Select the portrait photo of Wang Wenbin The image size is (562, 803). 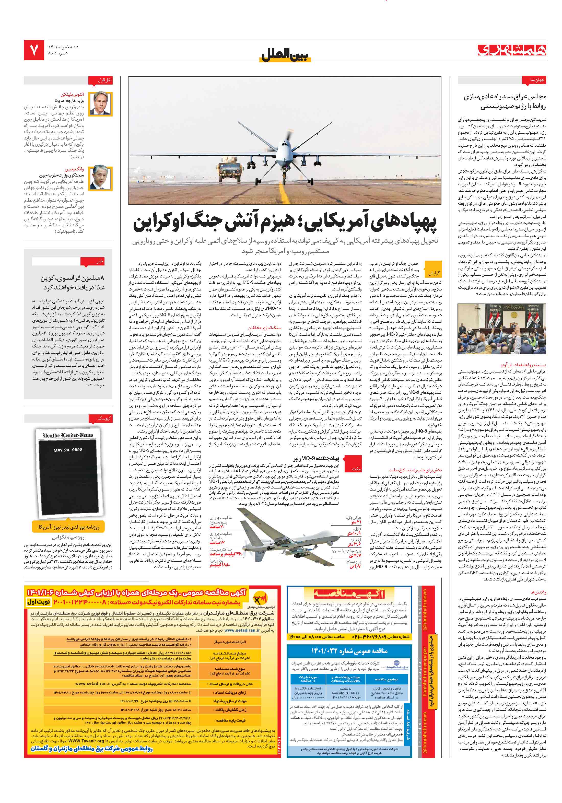pos(100,178)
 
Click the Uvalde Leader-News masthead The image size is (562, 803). pos(68,435)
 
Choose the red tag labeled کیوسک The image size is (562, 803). pos(104,418)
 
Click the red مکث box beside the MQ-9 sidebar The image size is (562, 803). pos(356,469)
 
